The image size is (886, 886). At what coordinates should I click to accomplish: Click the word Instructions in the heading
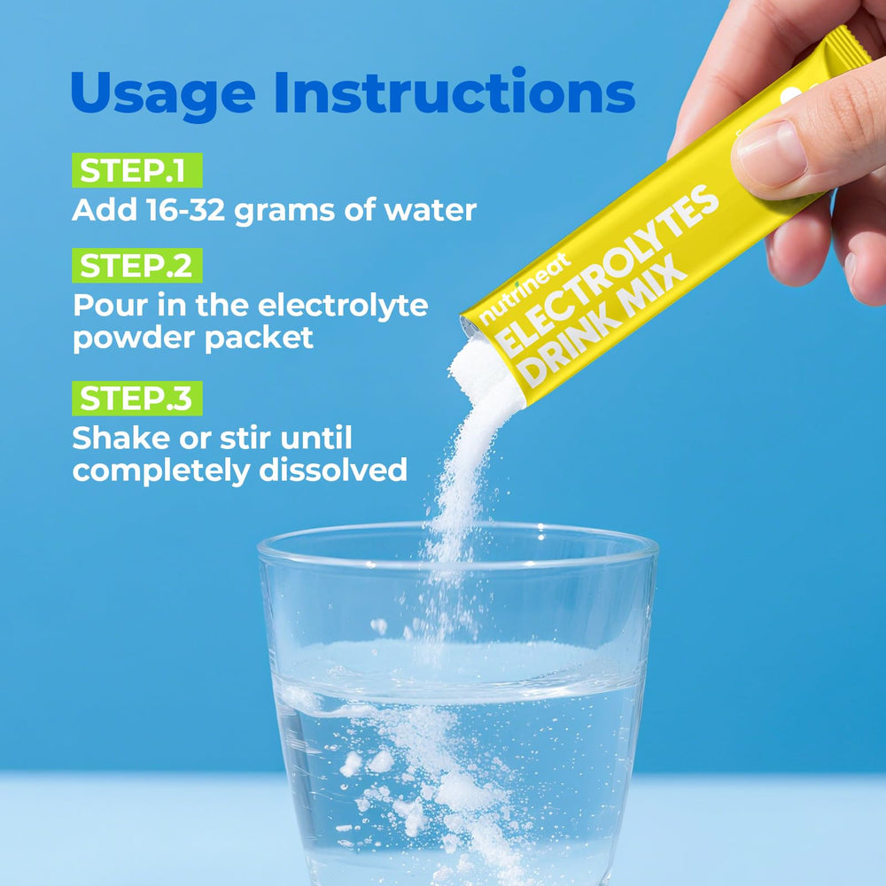(x=455, y=91)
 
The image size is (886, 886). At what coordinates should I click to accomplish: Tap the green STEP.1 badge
(x=136, y=170)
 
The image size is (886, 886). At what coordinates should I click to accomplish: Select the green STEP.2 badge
(x=136, y=266)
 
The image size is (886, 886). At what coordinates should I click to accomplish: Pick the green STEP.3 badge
(x=136, y=399)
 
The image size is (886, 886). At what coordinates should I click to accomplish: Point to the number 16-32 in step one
(x=185, y=210)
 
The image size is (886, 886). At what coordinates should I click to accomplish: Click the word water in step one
(x=430, y=210)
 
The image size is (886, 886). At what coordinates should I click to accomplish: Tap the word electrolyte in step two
(x=342, y=307)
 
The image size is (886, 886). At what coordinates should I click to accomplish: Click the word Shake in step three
(x=121, y=438)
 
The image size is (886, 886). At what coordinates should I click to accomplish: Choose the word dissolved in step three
(x=333, y=470)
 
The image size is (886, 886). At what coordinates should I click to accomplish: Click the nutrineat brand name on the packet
(x=525, y=290)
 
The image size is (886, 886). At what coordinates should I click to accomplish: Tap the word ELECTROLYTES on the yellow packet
(x=608, y=270)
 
